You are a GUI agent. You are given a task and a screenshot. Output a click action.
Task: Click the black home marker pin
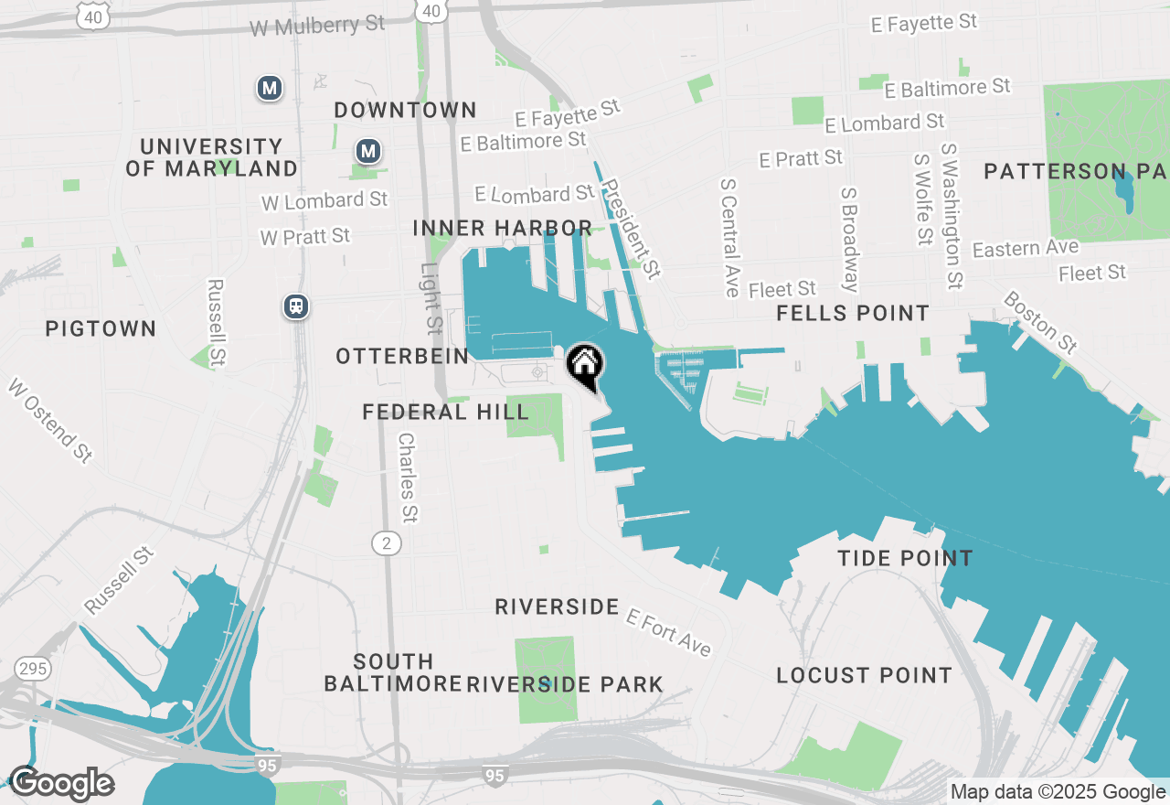(585, 365)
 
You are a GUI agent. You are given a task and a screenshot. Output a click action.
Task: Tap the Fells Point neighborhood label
(852, 314)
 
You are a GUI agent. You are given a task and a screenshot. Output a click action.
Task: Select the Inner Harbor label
(502, 228)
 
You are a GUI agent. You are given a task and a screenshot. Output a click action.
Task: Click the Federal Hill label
(445, 413)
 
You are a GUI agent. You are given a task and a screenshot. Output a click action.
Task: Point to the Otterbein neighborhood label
(402, 357)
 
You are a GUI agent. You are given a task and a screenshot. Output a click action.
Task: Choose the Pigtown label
(101, 328)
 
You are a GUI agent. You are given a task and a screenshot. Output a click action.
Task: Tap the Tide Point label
(905, 558)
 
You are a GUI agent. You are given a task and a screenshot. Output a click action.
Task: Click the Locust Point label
(864, 676)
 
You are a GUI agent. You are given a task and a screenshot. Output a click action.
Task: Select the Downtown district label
(405, 111)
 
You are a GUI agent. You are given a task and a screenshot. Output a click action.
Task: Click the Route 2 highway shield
(387, 544)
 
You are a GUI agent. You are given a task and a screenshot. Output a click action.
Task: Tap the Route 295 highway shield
(33, 670)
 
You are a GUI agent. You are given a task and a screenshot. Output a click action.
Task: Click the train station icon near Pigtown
(296, 306)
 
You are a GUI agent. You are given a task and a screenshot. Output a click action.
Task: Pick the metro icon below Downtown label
(368, 151)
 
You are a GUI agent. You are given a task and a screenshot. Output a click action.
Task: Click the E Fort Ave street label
(668, 632)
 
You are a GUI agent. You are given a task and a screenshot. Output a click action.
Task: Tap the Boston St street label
(1040, 323)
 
